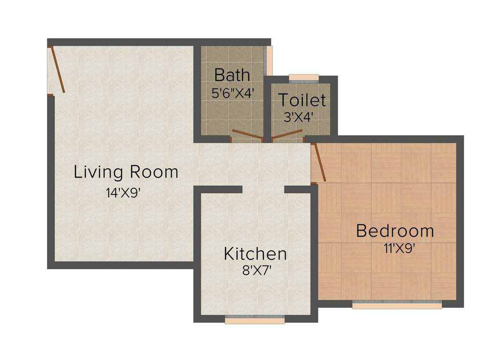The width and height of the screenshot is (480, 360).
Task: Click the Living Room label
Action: point(126,172)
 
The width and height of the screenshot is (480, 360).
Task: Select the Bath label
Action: point(232,75)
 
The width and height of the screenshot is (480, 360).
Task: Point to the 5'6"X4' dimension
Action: point(232,92)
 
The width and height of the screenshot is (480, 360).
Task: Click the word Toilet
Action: point(302,100)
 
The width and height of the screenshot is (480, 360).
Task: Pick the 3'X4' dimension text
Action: point(298,117)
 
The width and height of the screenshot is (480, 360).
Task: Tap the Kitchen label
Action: point(255,254)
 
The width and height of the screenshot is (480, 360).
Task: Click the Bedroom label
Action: point(395,231)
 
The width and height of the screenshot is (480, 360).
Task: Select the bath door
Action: point(247,136)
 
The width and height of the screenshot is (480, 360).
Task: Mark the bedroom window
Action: point(397,305)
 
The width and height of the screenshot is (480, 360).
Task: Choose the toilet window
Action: point(304,78)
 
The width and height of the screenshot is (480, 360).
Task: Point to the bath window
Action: point(269,60)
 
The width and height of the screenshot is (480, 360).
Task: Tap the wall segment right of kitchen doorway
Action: point(299,189)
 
